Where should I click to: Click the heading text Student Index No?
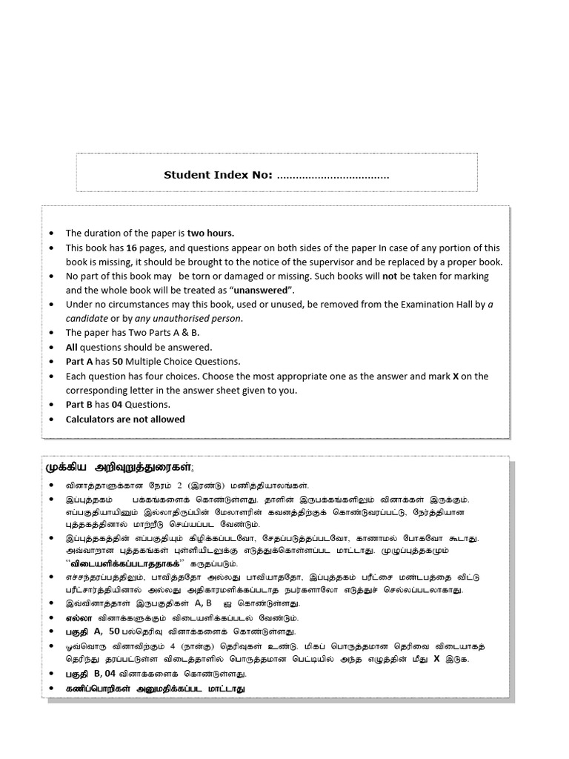(x=218, y=175)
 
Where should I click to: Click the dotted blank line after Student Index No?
(x=333, y=176)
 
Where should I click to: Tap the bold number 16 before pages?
(x=132, y=248)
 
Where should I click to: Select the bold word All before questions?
(x=72, y=347)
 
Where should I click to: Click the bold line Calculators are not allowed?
(x=125, y=419)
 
